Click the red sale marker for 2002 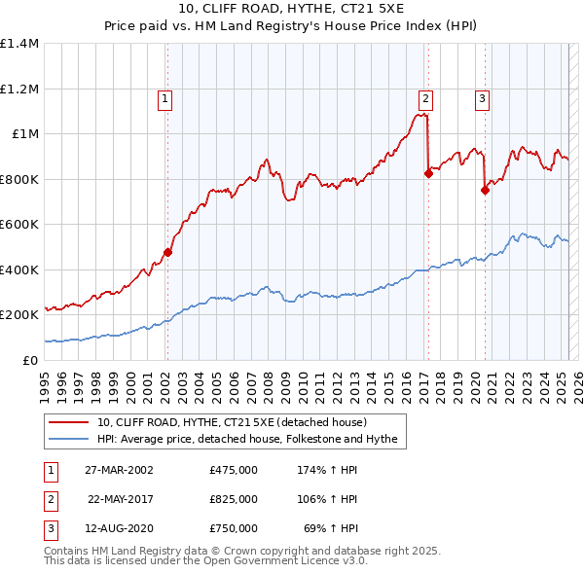click(x=167, y=253)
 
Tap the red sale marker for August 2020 click(x=484, y=191)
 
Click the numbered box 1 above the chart click(x=165, y=97)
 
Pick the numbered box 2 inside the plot click(x=426, y=97)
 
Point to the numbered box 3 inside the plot click(x=482, y=97)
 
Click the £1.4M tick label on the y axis click(x=19, y=44)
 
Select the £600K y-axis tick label click(x=19, y=225)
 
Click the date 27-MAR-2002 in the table click(x=119, y=470)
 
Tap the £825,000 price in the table click(x=234, y=499)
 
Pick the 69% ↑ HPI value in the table click(x=331, y=528)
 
